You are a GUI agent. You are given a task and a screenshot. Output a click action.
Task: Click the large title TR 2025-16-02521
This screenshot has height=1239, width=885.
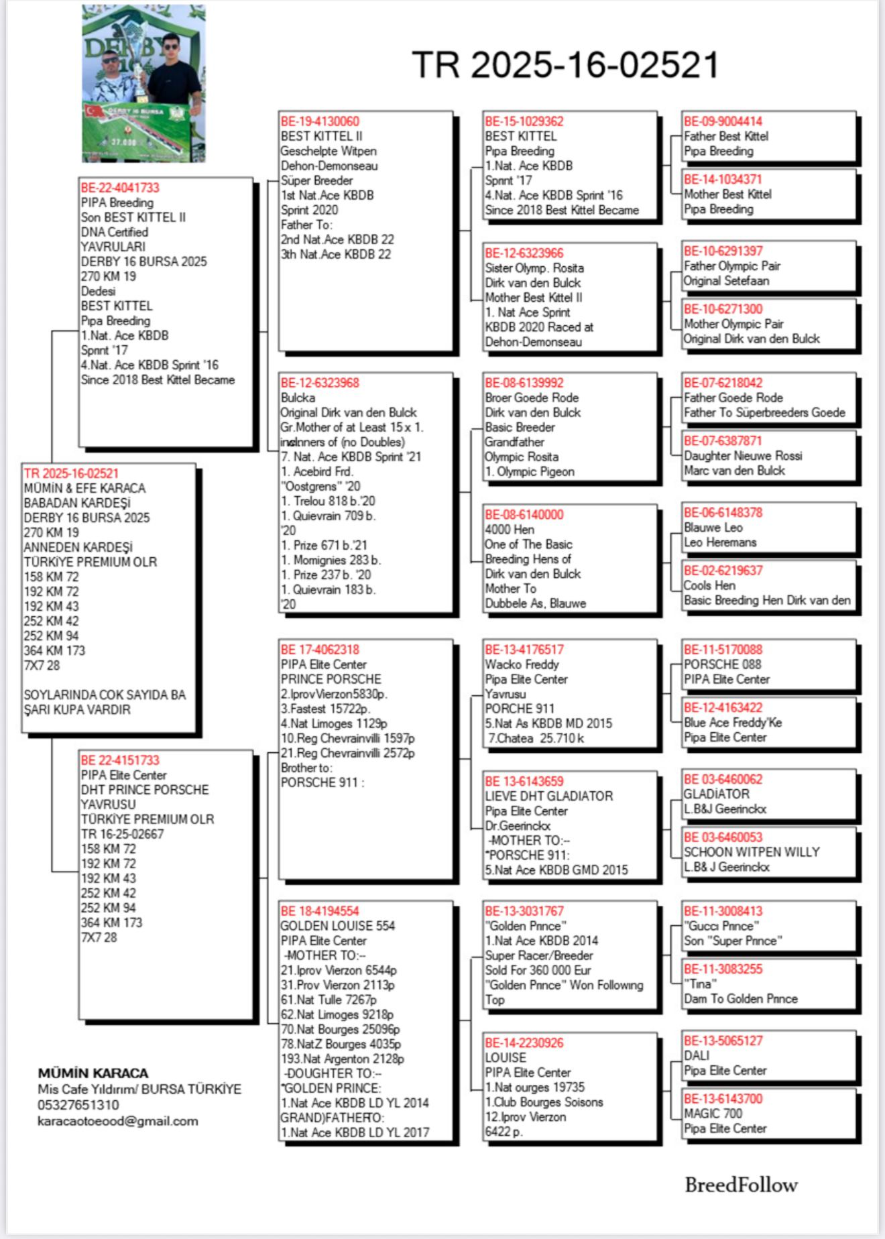click(565, 65)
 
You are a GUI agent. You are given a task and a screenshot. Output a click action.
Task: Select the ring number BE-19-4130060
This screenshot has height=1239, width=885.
click(320, 121)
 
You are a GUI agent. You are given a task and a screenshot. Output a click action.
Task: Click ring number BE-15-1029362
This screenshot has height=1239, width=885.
click(524, 121)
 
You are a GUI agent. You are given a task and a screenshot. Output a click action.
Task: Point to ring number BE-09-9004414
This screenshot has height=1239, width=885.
click(723, 121)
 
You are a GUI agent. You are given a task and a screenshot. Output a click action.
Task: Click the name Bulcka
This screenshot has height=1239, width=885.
click(298, 398)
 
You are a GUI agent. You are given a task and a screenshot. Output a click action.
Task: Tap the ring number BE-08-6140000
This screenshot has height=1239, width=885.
click(524, 515)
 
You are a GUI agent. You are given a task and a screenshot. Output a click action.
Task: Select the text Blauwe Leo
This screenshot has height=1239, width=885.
click(713, 528)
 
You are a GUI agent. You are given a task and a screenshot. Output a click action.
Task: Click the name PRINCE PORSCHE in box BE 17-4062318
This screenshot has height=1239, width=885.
click(331, 679)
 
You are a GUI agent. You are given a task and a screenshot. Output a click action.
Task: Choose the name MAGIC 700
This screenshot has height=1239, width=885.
click(713, 1114)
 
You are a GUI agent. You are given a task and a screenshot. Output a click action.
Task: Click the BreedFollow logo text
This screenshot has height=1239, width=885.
click(741, 1185)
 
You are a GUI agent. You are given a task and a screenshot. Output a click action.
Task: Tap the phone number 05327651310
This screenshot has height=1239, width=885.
click(78, 1105)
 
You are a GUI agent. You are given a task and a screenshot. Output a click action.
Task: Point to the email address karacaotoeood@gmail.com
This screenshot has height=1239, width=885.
click(118, 1121)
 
